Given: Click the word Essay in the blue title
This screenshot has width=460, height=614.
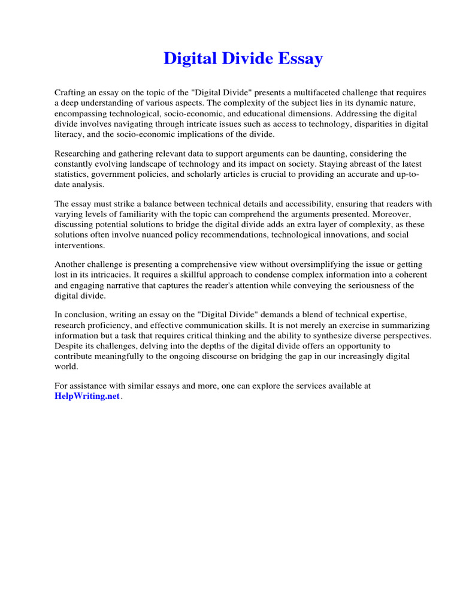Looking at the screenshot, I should (301, 59).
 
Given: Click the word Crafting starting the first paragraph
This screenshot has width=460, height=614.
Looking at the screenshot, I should (71, 93).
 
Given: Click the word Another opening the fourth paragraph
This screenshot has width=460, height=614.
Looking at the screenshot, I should (70, 265).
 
